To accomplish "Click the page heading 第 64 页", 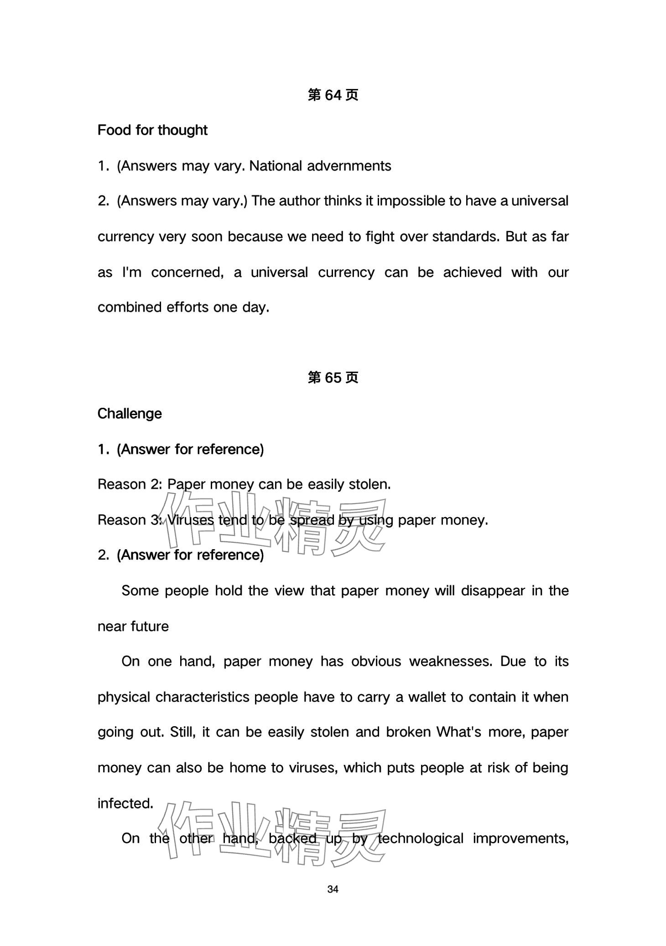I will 333,95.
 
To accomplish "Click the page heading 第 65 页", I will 333,378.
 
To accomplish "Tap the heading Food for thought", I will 152,130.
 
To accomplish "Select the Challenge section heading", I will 130,414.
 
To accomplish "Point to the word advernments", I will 349,166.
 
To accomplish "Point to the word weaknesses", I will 451,662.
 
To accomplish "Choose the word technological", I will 421,839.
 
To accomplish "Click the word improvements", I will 520,839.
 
